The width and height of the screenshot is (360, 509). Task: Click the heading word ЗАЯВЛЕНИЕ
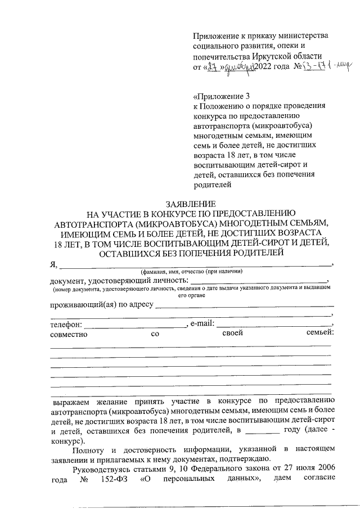tap(191, 203)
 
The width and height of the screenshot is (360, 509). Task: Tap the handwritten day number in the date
tap(212, 67)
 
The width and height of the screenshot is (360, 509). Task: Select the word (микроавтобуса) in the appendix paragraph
tap(281, 125)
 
